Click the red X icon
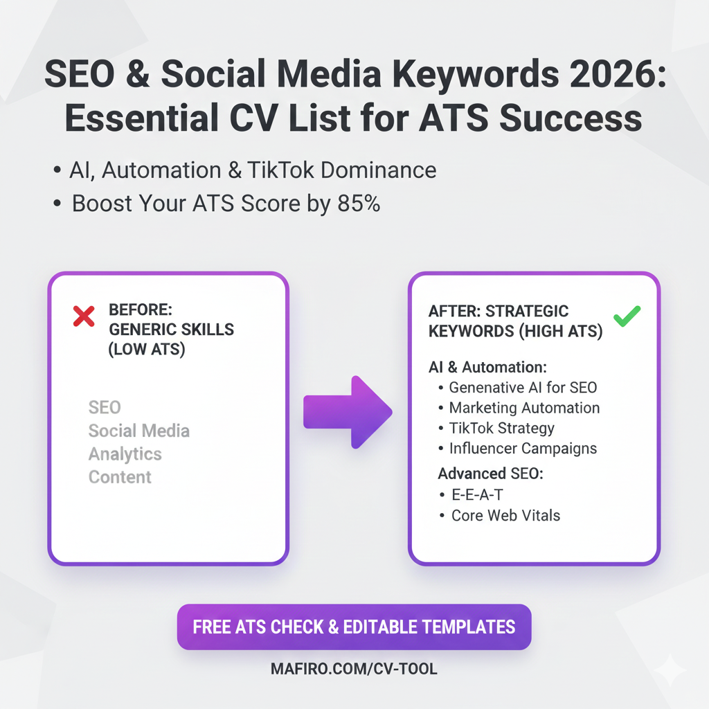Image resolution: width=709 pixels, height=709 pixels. coord(84,316)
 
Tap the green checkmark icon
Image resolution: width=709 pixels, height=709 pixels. coord(627,316)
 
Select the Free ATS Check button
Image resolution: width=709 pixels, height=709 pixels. coord(354,627)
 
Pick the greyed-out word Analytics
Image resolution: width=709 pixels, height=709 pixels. coord(125,454)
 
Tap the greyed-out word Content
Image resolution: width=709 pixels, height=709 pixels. coord(120,477)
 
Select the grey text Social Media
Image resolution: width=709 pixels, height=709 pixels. coord(138,431)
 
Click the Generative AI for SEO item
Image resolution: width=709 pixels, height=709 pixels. coord(523,388)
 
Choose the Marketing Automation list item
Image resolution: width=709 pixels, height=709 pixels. coord(524,408)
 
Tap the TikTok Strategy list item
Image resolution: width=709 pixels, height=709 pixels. coord(502,428)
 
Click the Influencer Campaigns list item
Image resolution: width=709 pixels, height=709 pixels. coord(523,448)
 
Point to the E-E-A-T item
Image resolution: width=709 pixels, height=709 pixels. coord(478,495)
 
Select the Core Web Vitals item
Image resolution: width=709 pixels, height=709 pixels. coord(505,515)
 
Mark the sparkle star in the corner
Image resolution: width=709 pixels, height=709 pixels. coord(670,670)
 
